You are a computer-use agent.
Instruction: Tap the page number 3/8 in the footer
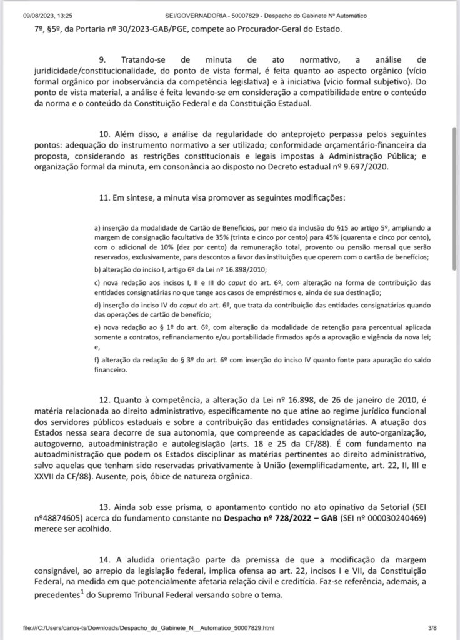tap(432, 627)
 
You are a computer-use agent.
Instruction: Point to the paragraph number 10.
tap(104, 134)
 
